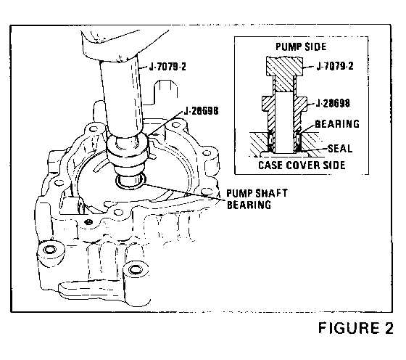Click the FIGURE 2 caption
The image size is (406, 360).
click(355, 328)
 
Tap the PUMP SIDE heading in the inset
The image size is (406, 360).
click(301, 47)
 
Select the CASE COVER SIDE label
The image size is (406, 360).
click(302, 165)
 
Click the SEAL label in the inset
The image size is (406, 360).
click(340, 149)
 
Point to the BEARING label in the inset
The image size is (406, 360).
click(337, 124)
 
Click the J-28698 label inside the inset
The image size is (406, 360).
click(333, 103)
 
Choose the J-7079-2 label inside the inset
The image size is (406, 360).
click(335, 66)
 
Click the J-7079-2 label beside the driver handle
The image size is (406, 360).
click(167, 67)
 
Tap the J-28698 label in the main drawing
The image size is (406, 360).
click(202, 111)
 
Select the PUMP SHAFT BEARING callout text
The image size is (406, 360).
click(257, 199)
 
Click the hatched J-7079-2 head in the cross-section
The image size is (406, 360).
click(284, 66)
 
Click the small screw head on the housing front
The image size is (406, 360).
click(88, 222)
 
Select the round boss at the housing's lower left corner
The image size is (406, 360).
click(50, 251)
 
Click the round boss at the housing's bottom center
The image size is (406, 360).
click(136, 271)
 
